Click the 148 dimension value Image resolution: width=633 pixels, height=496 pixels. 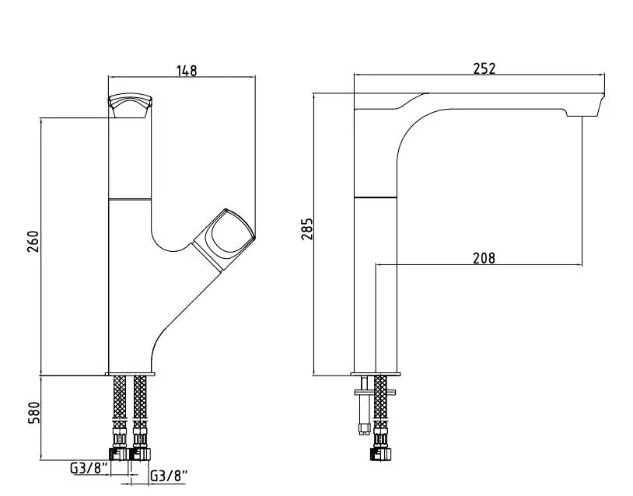pos(187,70)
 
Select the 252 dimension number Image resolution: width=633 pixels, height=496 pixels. pos(484,68)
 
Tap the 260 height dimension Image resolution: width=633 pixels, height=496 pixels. pos(33,241)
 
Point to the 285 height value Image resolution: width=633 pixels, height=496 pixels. pos(307,229)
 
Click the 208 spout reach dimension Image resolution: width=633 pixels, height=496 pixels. pos(484,257)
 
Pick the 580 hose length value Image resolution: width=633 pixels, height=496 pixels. pos(34,413)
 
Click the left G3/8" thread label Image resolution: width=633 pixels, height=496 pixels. pos(89,468)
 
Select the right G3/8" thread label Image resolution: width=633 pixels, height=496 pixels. pos(170,476)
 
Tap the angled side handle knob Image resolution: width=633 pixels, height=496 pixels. pos(225,239)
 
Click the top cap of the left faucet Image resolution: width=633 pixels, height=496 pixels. pos(130,105)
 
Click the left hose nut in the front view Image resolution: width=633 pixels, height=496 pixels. pos(120,453)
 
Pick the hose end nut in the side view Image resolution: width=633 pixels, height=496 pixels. pos(380,453)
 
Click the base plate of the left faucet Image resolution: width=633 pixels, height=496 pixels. pos(131,374)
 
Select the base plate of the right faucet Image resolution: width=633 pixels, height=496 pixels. pos(376,374)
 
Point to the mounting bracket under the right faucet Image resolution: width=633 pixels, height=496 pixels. pos(375,392)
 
